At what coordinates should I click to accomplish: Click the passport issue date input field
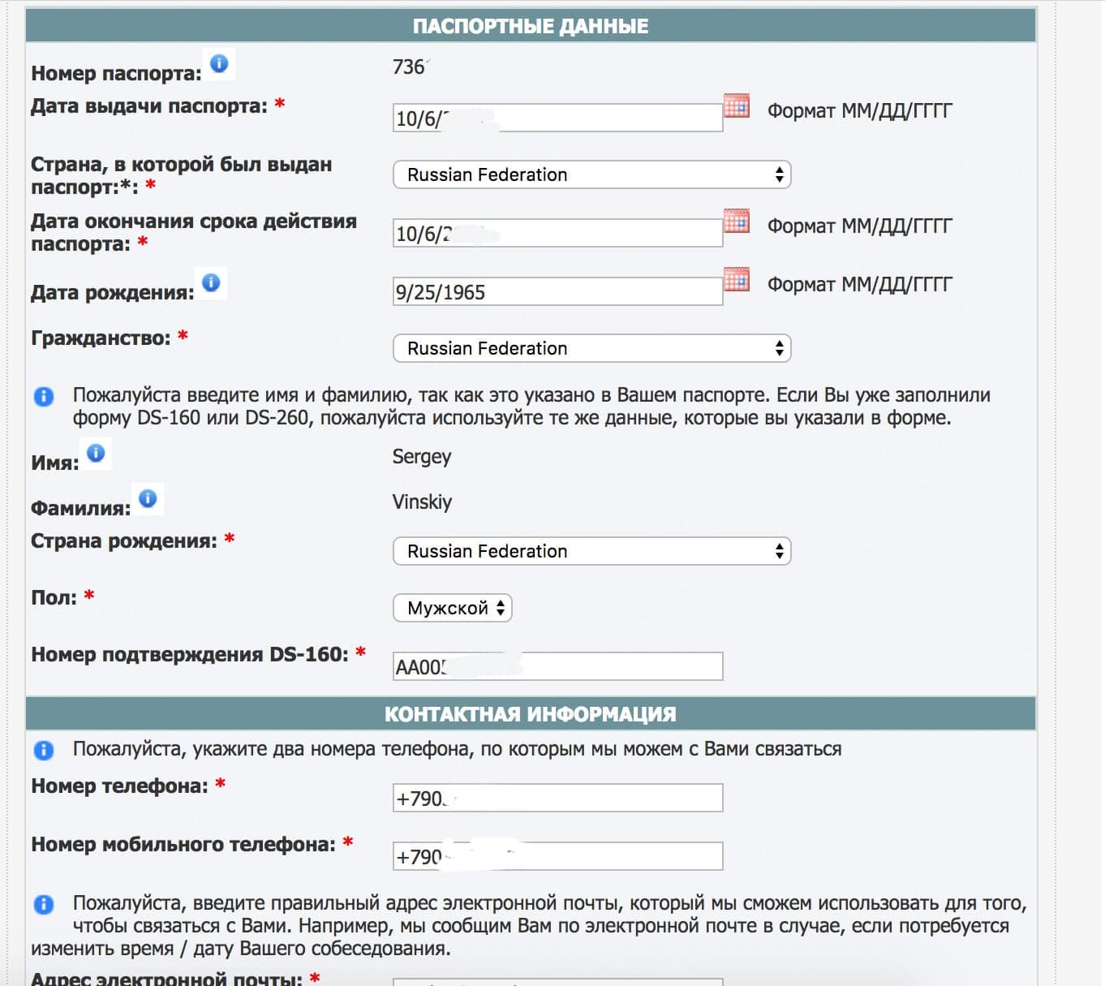tap(557, 118)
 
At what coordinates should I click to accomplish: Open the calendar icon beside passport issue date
tap(736, 106)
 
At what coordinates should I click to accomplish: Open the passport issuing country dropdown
tap(591, 175)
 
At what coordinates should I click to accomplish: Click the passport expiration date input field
tap(557, 234)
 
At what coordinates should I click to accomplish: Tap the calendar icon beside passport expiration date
tap(736, 222)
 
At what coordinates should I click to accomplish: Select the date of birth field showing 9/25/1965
tap(557, 292)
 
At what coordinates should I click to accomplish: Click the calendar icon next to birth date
tap(736, 280)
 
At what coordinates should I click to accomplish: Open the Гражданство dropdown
tap(591, 349)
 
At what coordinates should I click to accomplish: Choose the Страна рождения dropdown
tap(591, 552)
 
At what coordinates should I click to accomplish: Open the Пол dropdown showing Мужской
tap(452, 609)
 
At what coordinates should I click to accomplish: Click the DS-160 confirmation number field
tap(557, 667)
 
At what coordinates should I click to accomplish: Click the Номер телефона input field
tap(557, 799)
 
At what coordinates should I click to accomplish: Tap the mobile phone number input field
tap(557, 857)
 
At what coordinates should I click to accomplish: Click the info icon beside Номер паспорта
tap(219, 63)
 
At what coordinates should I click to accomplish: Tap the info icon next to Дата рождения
tap(211, 282)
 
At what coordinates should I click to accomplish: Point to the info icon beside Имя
tap(96, 453)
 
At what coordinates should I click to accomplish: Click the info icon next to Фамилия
tap(148, 498)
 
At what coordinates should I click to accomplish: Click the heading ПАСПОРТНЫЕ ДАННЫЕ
tap(531, 26)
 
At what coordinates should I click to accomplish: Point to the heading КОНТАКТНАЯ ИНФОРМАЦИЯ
tap(531, 714)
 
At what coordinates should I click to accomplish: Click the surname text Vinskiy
tap(422, 502)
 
